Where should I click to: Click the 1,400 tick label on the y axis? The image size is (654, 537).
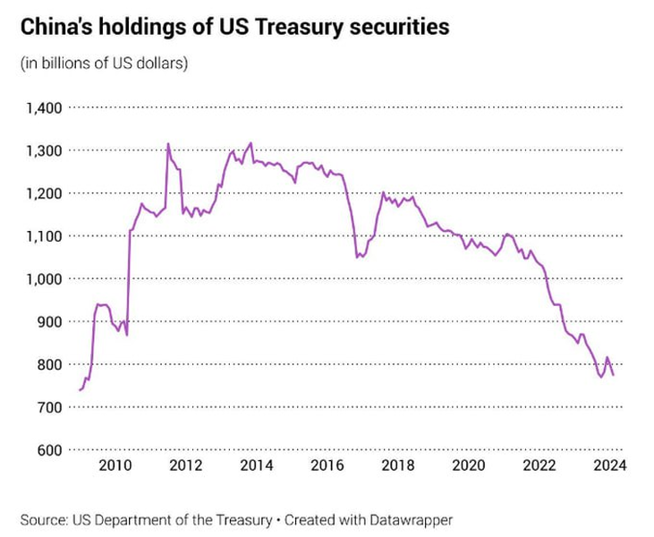(x=43, y=107)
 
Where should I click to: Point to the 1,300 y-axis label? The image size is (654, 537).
(x=43, y=150)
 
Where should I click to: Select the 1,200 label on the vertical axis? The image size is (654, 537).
(x=43, y=193)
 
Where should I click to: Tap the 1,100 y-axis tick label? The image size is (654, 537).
(x=43, y=236)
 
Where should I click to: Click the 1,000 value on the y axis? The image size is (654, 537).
(x=43, y=278)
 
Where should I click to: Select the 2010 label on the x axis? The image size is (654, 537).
(x=115, y=465)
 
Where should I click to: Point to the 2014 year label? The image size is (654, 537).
(x=257, y=465)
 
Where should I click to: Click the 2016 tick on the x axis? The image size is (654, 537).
(x=327, y=465)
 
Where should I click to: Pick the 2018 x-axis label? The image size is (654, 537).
(x=398, y=465)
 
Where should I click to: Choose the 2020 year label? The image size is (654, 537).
(x=469, y=465)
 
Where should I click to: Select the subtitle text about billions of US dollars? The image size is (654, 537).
(x=104, y=64)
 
